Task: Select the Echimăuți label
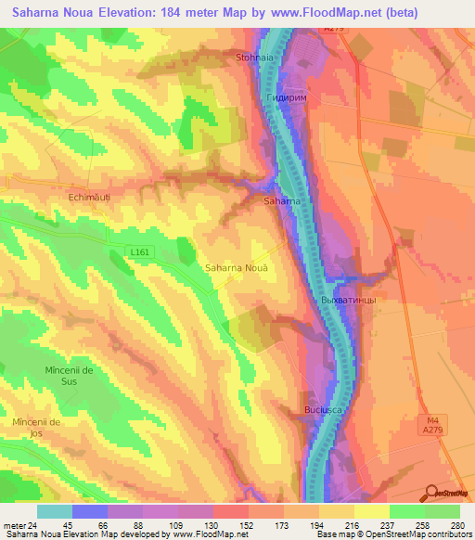[x=90, y=197]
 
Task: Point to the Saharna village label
[x=281, y=201]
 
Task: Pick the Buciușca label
[x=325, y=409]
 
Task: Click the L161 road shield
[x=139, y=251]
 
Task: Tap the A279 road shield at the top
[x=334, y=30]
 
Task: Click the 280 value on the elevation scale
[x=459, y=526]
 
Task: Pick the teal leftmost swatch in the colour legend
[x=55, y=511]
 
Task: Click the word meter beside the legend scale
[x=13, y=526]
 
